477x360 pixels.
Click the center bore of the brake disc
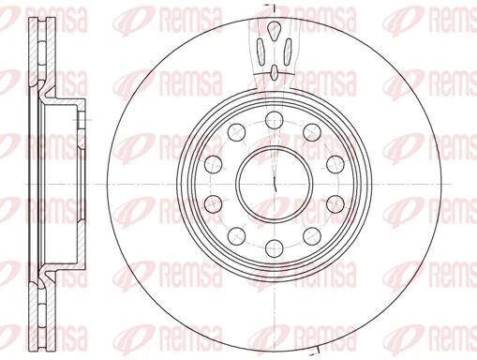274,182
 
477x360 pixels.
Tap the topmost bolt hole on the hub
274,118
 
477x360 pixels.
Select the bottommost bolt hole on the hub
274,247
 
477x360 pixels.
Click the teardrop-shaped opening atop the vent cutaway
274,32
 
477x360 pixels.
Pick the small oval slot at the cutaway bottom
274,71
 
